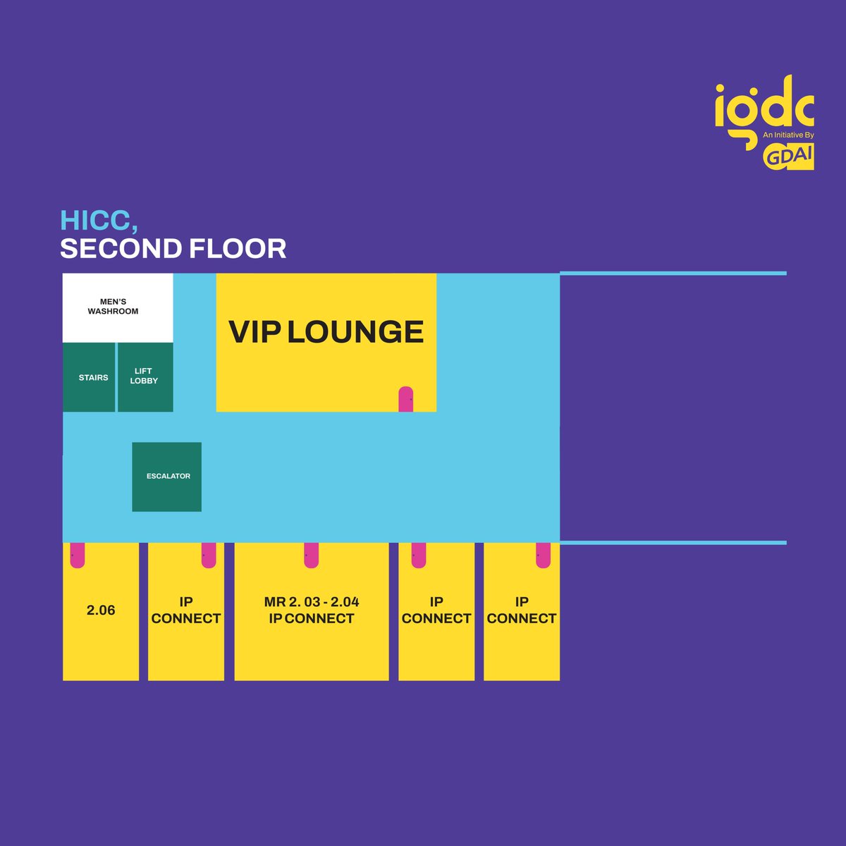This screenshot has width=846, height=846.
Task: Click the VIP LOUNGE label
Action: point(326,331)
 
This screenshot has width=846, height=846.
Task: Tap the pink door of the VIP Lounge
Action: point(406,399)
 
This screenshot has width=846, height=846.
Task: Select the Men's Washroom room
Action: point(117,307)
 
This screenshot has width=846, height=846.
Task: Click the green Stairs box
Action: point(89,377)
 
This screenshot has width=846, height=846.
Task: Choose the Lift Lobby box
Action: point(145,376)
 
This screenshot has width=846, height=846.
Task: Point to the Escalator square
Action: point(167,477)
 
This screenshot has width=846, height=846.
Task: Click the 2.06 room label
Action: point(101,611)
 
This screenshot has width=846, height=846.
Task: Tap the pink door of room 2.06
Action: point(77,555)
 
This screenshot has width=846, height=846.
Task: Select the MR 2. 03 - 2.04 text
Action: point(312,602)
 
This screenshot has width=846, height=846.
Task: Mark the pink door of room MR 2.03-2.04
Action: point(311,555)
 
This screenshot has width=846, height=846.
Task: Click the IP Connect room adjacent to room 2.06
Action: point(186,611)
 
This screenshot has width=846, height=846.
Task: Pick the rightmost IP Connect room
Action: point(522,611)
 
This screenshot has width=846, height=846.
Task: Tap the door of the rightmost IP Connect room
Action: point(543,555)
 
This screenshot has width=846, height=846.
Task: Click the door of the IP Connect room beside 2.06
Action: point(209,555)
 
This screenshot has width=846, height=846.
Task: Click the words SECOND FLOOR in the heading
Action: point(173,249)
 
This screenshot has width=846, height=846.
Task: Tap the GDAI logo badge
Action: point(788,157)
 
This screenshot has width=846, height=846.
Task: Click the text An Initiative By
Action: point(788,134)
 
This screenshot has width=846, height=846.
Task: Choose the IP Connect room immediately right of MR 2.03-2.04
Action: point(436,611)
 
